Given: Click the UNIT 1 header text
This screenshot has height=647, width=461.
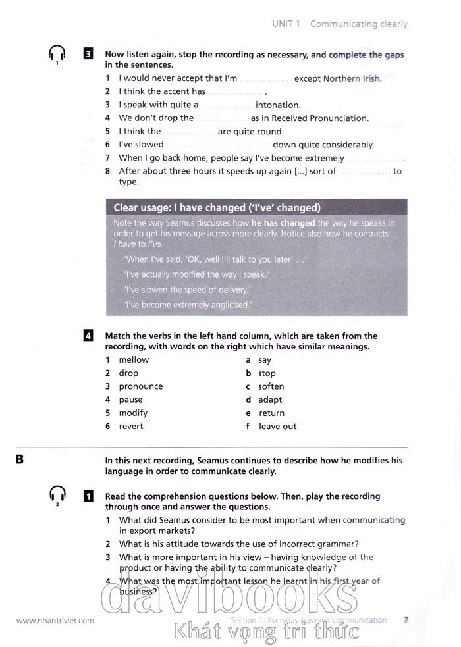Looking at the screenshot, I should point(286,24).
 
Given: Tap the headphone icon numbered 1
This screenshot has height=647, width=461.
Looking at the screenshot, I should point(57,53).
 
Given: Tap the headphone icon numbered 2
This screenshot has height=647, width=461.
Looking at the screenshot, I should point(57,494).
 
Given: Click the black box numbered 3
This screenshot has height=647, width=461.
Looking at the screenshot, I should point(88,55).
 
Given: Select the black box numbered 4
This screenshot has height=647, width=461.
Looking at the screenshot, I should point(88,336).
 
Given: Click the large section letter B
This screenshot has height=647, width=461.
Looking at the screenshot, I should point(20,459).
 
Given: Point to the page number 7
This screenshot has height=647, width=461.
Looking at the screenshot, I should point(406,619).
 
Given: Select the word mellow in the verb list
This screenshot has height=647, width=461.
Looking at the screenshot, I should point(134,360).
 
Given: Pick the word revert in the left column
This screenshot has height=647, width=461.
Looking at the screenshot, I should point(131,427).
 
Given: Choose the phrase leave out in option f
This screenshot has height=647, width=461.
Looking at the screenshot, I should point(277,427).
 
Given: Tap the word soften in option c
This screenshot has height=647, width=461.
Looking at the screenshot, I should point(271,386).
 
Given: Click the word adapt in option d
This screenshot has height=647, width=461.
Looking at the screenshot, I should point(270,400).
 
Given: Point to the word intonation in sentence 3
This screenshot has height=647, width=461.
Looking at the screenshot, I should point(278,105).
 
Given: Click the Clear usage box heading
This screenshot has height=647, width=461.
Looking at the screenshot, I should point(217,208).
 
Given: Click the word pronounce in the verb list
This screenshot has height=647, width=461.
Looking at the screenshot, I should point(140,386).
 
